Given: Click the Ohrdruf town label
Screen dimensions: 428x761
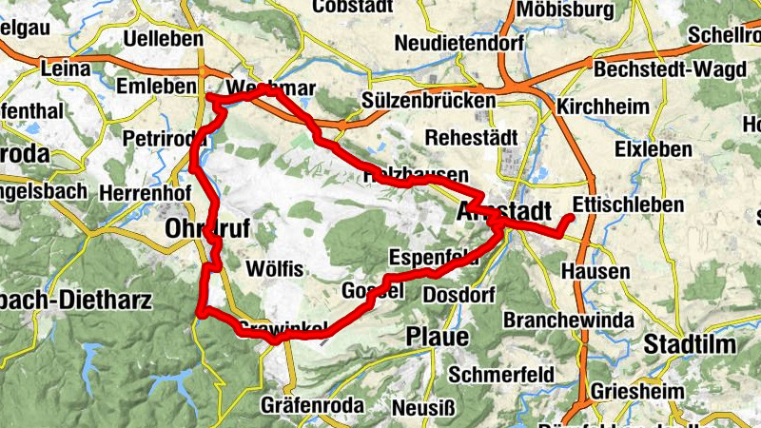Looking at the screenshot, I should (202, 229).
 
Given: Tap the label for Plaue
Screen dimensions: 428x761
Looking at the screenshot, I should (437, 337).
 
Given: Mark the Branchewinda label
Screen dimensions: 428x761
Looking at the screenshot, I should (569, 320).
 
